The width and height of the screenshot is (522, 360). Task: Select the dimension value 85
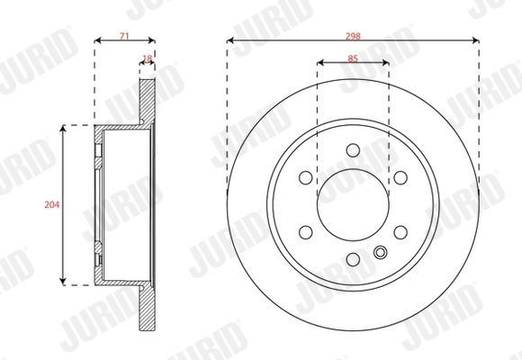[x=353, y=58]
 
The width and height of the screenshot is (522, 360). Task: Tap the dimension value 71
[x=124, y=35]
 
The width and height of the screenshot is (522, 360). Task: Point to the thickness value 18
[x=148, y=59]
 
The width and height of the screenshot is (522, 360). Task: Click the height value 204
[x=51, y=204]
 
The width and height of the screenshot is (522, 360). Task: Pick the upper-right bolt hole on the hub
[x=400, y=177]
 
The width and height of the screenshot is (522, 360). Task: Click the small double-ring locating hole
[x=380, y=253]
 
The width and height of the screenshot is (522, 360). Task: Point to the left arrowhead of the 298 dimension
[x=230, y=40]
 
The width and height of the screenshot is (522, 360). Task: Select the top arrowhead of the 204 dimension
[x=63, y=130]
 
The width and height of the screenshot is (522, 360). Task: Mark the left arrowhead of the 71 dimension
[x=97, y=40]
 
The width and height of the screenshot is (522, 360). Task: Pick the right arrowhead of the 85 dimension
[x=386, y=64]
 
